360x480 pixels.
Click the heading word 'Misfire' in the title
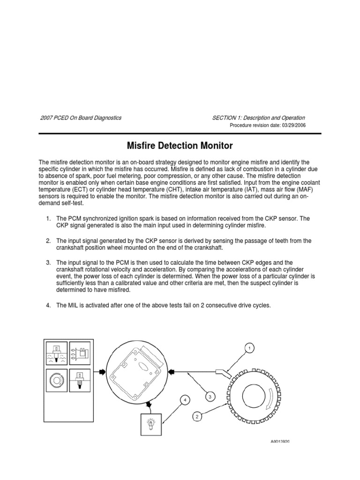[x=142, y=146]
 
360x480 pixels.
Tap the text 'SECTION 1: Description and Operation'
[x=259, y=118]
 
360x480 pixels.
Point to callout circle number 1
[x=250, y=348]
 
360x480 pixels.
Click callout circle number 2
[x=197, y=415]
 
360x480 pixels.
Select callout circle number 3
[x=210, y=397]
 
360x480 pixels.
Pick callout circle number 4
[x=185, y=400]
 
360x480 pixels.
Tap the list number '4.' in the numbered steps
[x=48, y=305]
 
